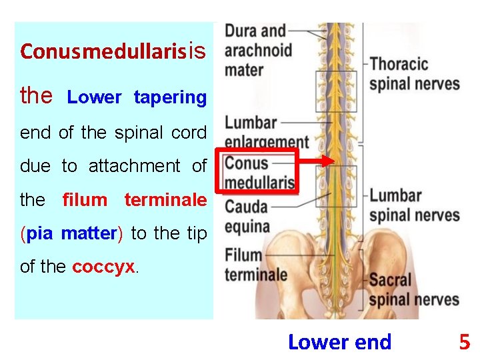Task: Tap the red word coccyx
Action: [x=103, y=267]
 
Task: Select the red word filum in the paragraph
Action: [x=85, y=200]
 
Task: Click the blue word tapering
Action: [x=170, y=97]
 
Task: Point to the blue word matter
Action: [x=89, y=233]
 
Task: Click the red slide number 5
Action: [x=464, y=343]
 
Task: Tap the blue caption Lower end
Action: [x=339, y=343]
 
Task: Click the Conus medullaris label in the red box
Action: [x=259, y=173]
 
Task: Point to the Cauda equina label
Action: [x=247, y=217]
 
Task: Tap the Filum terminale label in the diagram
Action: [x=256, y=265]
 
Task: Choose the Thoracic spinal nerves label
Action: [x=414, y=73]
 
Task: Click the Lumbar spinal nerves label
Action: [x=414, y=205]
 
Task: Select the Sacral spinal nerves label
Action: [x=414, y=289]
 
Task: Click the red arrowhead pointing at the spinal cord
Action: [x=327, y=161]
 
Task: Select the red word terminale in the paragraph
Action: [x=165, y=200]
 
